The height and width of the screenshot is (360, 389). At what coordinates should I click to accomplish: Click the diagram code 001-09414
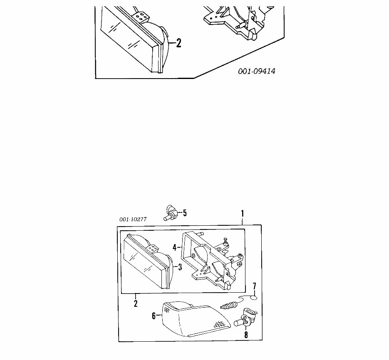[x=257, y=71]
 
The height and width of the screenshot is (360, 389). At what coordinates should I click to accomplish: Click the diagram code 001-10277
[x=132, y=219]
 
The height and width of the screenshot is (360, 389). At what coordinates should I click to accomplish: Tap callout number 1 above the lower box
[x=243, y=214]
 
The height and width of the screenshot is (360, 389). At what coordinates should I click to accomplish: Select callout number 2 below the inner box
[x=136, y=303]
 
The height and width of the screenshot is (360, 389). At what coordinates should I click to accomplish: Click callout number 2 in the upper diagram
[x=178, y=43]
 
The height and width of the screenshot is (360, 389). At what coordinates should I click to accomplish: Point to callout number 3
[x=180, y=267]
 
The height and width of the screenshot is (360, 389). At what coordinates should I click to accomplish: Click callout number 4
[x=175, y=247]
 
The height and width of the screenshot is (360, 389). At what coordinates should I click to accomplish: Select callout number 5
[x=185, y=213]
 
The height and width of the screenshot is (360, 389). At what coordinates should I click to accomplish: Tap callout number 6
[x=154, y=316]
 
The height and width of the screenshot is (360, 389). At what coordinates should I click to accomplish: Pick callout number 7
[x=255, y=286]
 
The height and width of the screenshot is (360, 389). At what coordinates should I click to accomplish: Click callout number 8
[x=246, y=335]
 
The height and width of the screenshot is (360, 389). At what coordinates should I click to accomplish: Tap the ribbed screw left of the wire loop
[x=229, y=306]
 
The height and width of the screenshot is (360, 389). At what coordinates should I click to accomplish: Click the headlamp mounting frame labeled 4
[x=208, y=260]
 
